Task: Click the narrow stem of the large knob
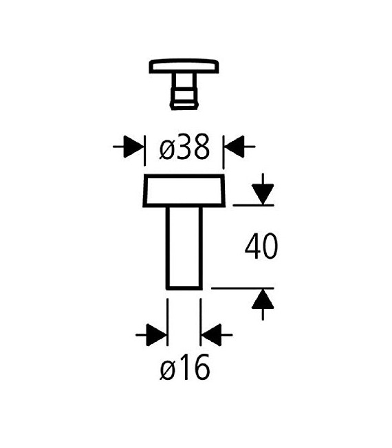coord(184,248)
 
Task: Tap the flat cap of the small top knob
coord(184,67)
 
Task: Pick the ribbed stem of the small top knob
coord(184,91)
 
